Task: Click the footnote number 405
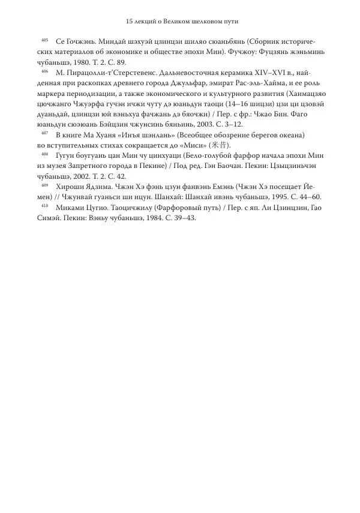45,41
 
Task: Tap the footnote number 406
45,70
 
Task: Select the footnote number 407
45,133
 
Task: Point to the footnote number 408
45,154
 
